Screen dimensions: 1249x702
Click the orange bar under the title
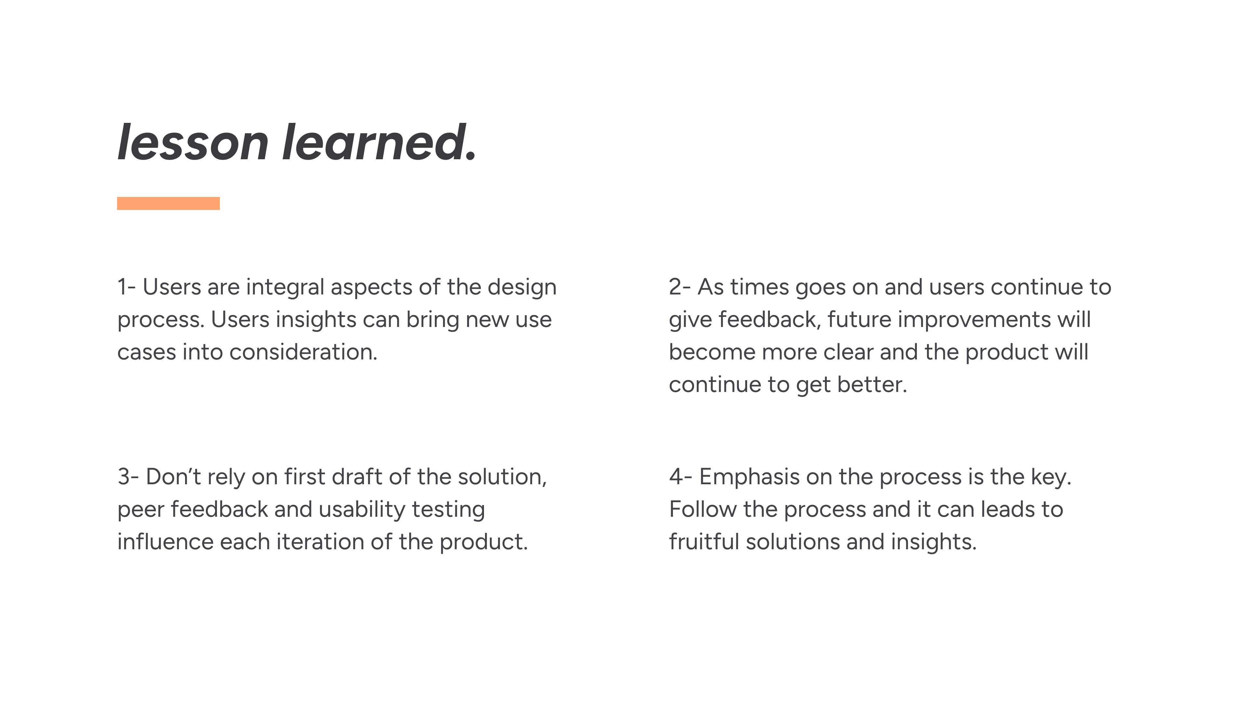168,203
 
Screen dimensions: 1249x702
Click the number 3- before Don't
128,477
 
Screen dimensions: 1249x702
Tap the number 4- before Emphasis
681,477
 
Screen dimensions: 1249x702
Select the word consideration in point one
303,352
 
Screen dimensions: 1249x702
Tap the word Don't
173,477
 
